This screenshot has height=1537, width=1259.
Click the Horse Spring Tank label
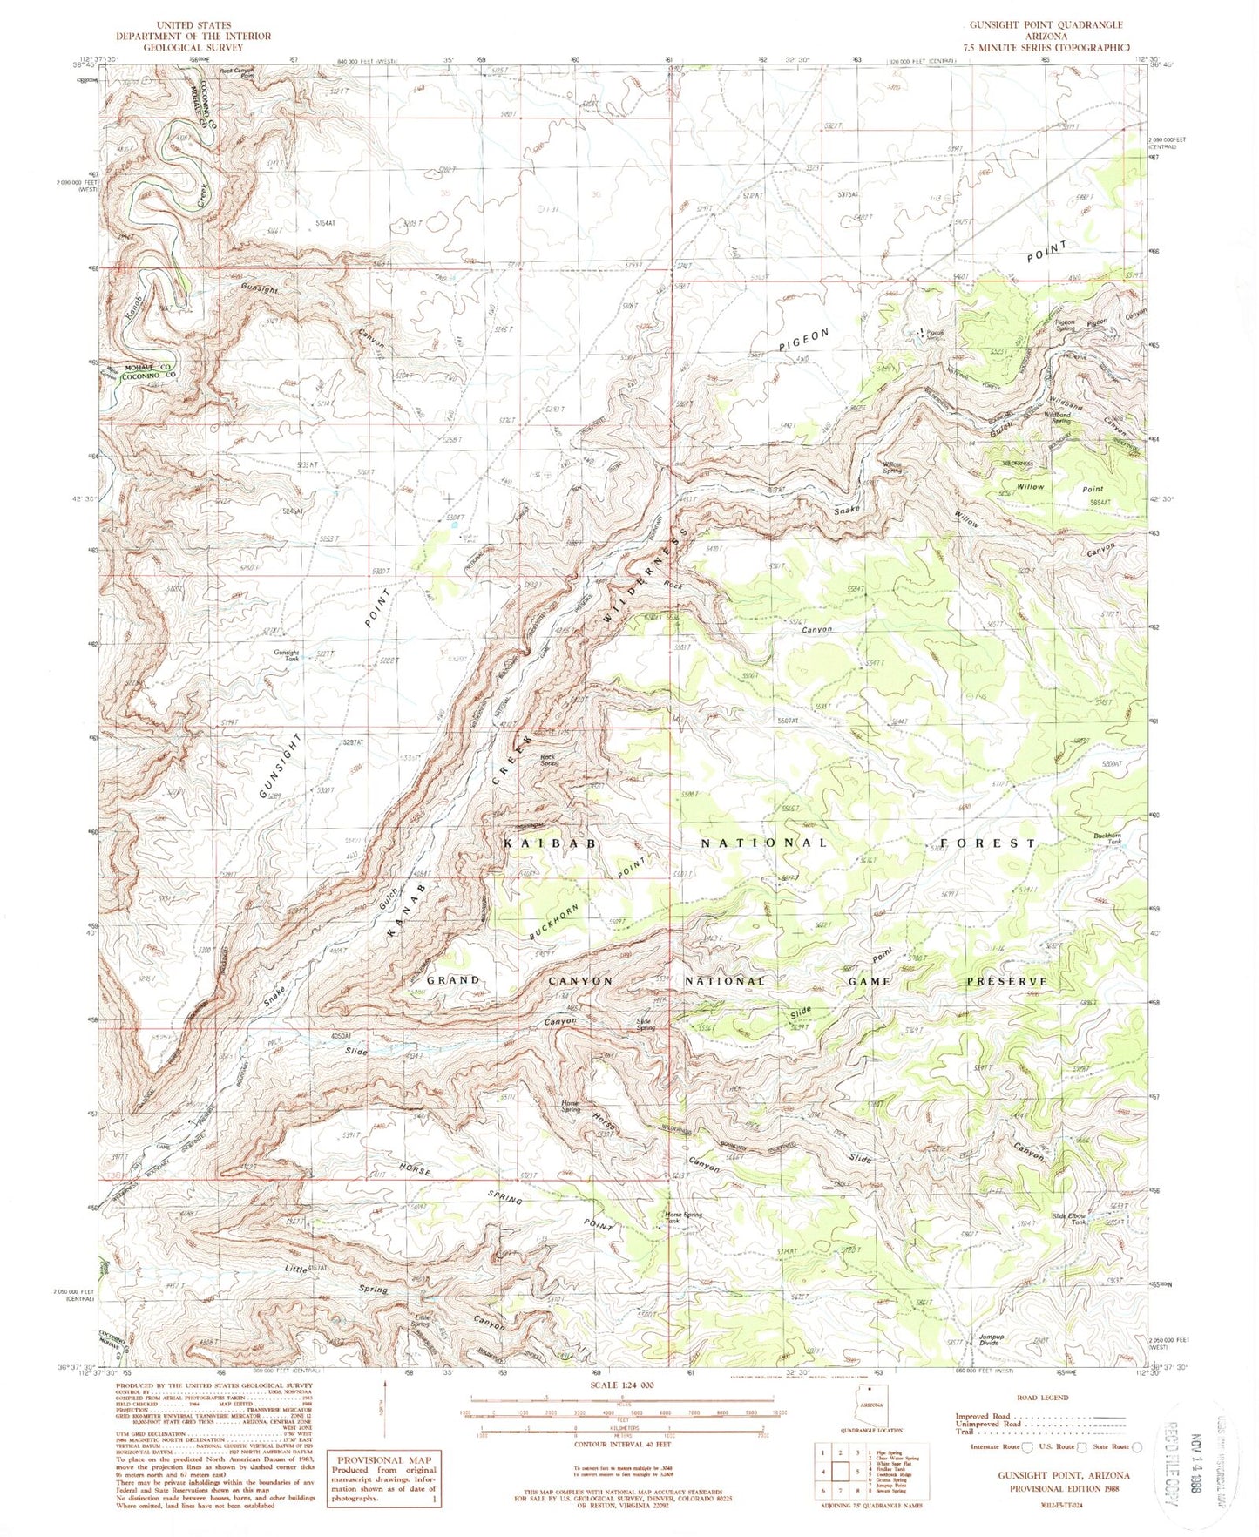tap(683, 1217)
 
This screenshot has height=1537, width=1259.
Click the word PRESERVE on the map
tap(1006, 981)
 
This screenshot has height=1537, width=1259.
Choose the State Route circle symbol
tap(1136, 1446)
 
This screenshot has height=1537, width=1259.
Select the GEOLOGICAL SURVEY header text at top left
tap(194, 48)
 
